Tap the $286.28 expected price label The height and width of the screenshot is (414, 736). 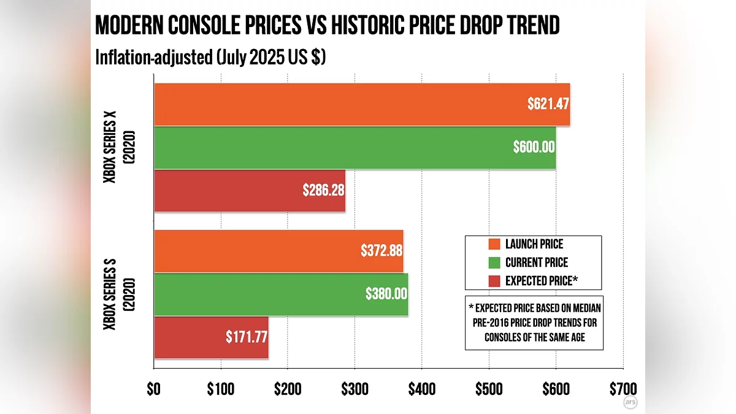[323, 190]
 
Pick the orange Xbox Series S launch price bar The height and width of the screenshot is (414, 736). [278, 251]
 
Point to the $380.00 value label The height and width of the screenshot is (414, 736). [386, 294]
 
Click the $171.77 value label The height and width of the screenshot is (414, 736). [247, 337]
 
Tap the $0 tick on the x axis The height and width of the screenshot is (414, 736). [154, 390]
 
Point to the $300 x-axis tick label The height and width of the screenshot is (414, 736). [355, 390]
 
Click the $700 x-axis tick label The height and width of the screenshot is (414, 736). [622, 390]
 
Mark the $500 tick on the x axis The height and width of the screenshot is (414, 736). [488, 390]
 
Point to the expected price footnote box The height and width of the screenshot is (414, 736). [534, 323]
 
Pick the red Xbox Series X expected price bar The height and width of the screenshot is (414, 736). [249, 191]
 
